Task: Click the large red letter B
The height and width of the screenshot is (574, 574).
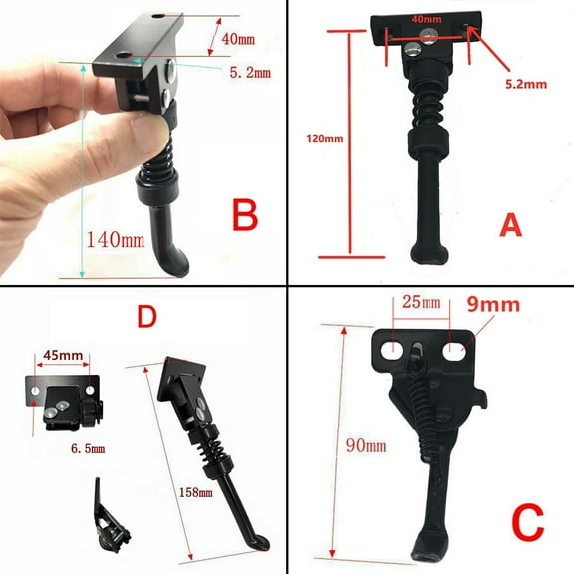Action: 246,214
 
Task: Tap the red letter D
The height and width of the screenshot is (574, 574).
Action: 145,318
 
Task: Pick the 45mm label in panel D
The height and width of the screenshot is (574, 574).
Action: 64,355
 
